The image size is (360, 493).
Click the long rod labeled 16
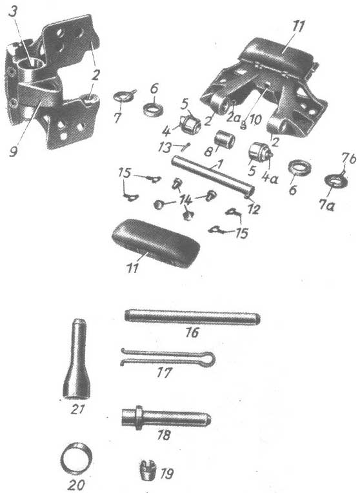coord(192,317)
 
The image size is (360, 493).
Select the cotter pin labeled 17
coord(168,357)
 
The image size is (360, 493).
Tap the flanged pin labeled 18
coord(166,419)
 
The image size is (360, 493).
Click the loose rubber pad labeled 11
coord(156,243)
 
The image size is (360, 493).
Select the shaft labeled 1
coord(212,176)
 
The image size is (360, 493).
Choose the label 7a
coord(326,206)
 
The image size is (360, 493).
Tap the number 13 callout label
coord(165,147)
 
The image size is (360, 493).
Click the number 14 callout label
coord(186,199)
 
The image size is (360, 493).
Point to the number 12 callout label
coord(254,209)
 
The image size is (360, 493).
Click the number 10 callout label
coord(255,119)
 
